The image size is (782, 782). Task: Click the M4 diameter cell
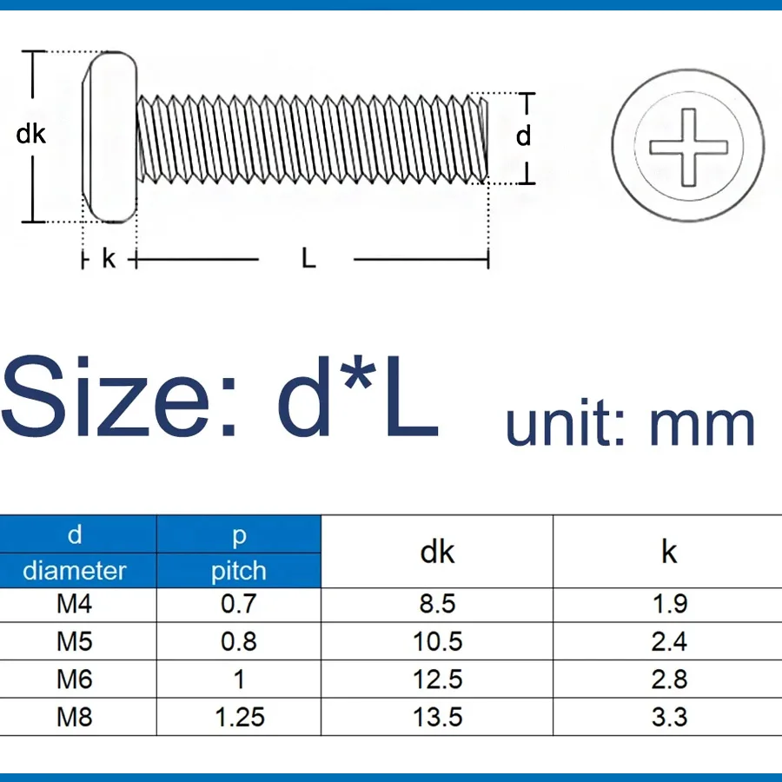point(75,604)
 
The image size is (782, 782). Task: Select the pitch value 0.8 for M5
point(238,641)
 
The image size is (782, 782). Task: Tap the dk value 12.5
point(437,679)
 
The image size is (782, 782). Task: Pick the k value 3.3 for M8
point(669,717)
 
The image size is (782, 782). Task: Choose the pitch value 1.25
point(240,717)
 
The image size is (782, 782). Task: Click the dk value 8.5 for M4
point(437,604)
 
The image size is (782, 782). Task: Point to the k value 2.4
point(669,641)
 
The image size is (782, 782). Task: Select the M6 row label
point(75,679)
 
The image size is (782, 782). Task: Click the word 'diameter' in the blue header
point(75,571)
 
